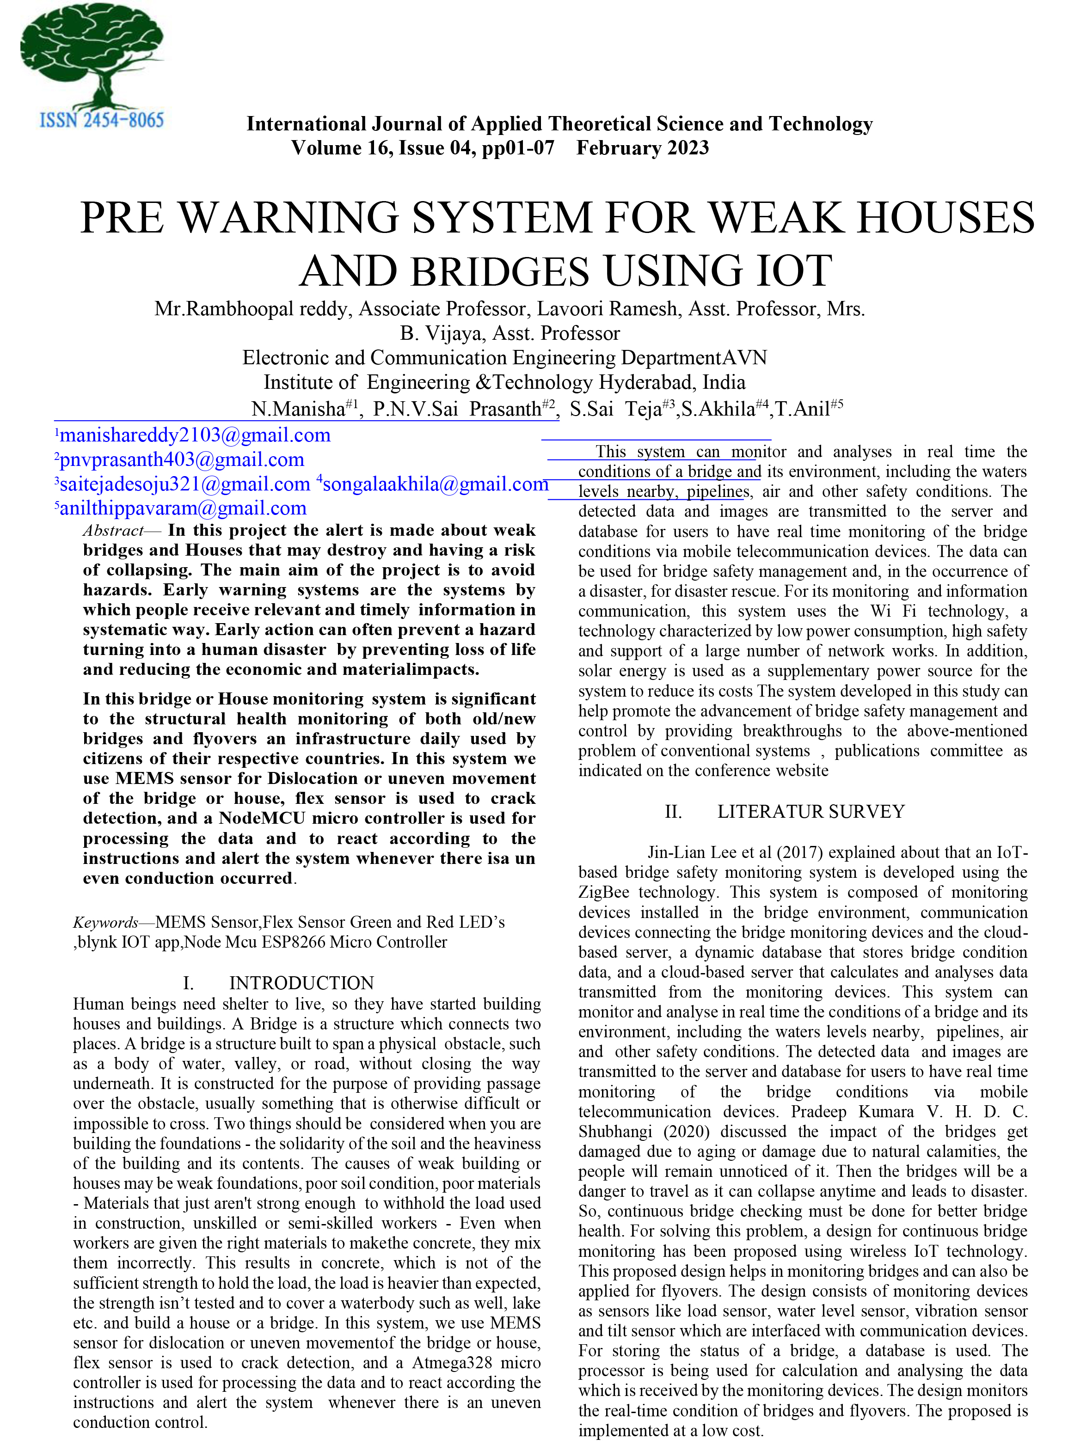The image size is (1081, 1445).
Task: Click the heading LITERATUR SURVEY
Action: point(811,811)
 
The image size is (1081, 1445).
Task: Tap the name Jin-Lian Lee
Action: point(692,852)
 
